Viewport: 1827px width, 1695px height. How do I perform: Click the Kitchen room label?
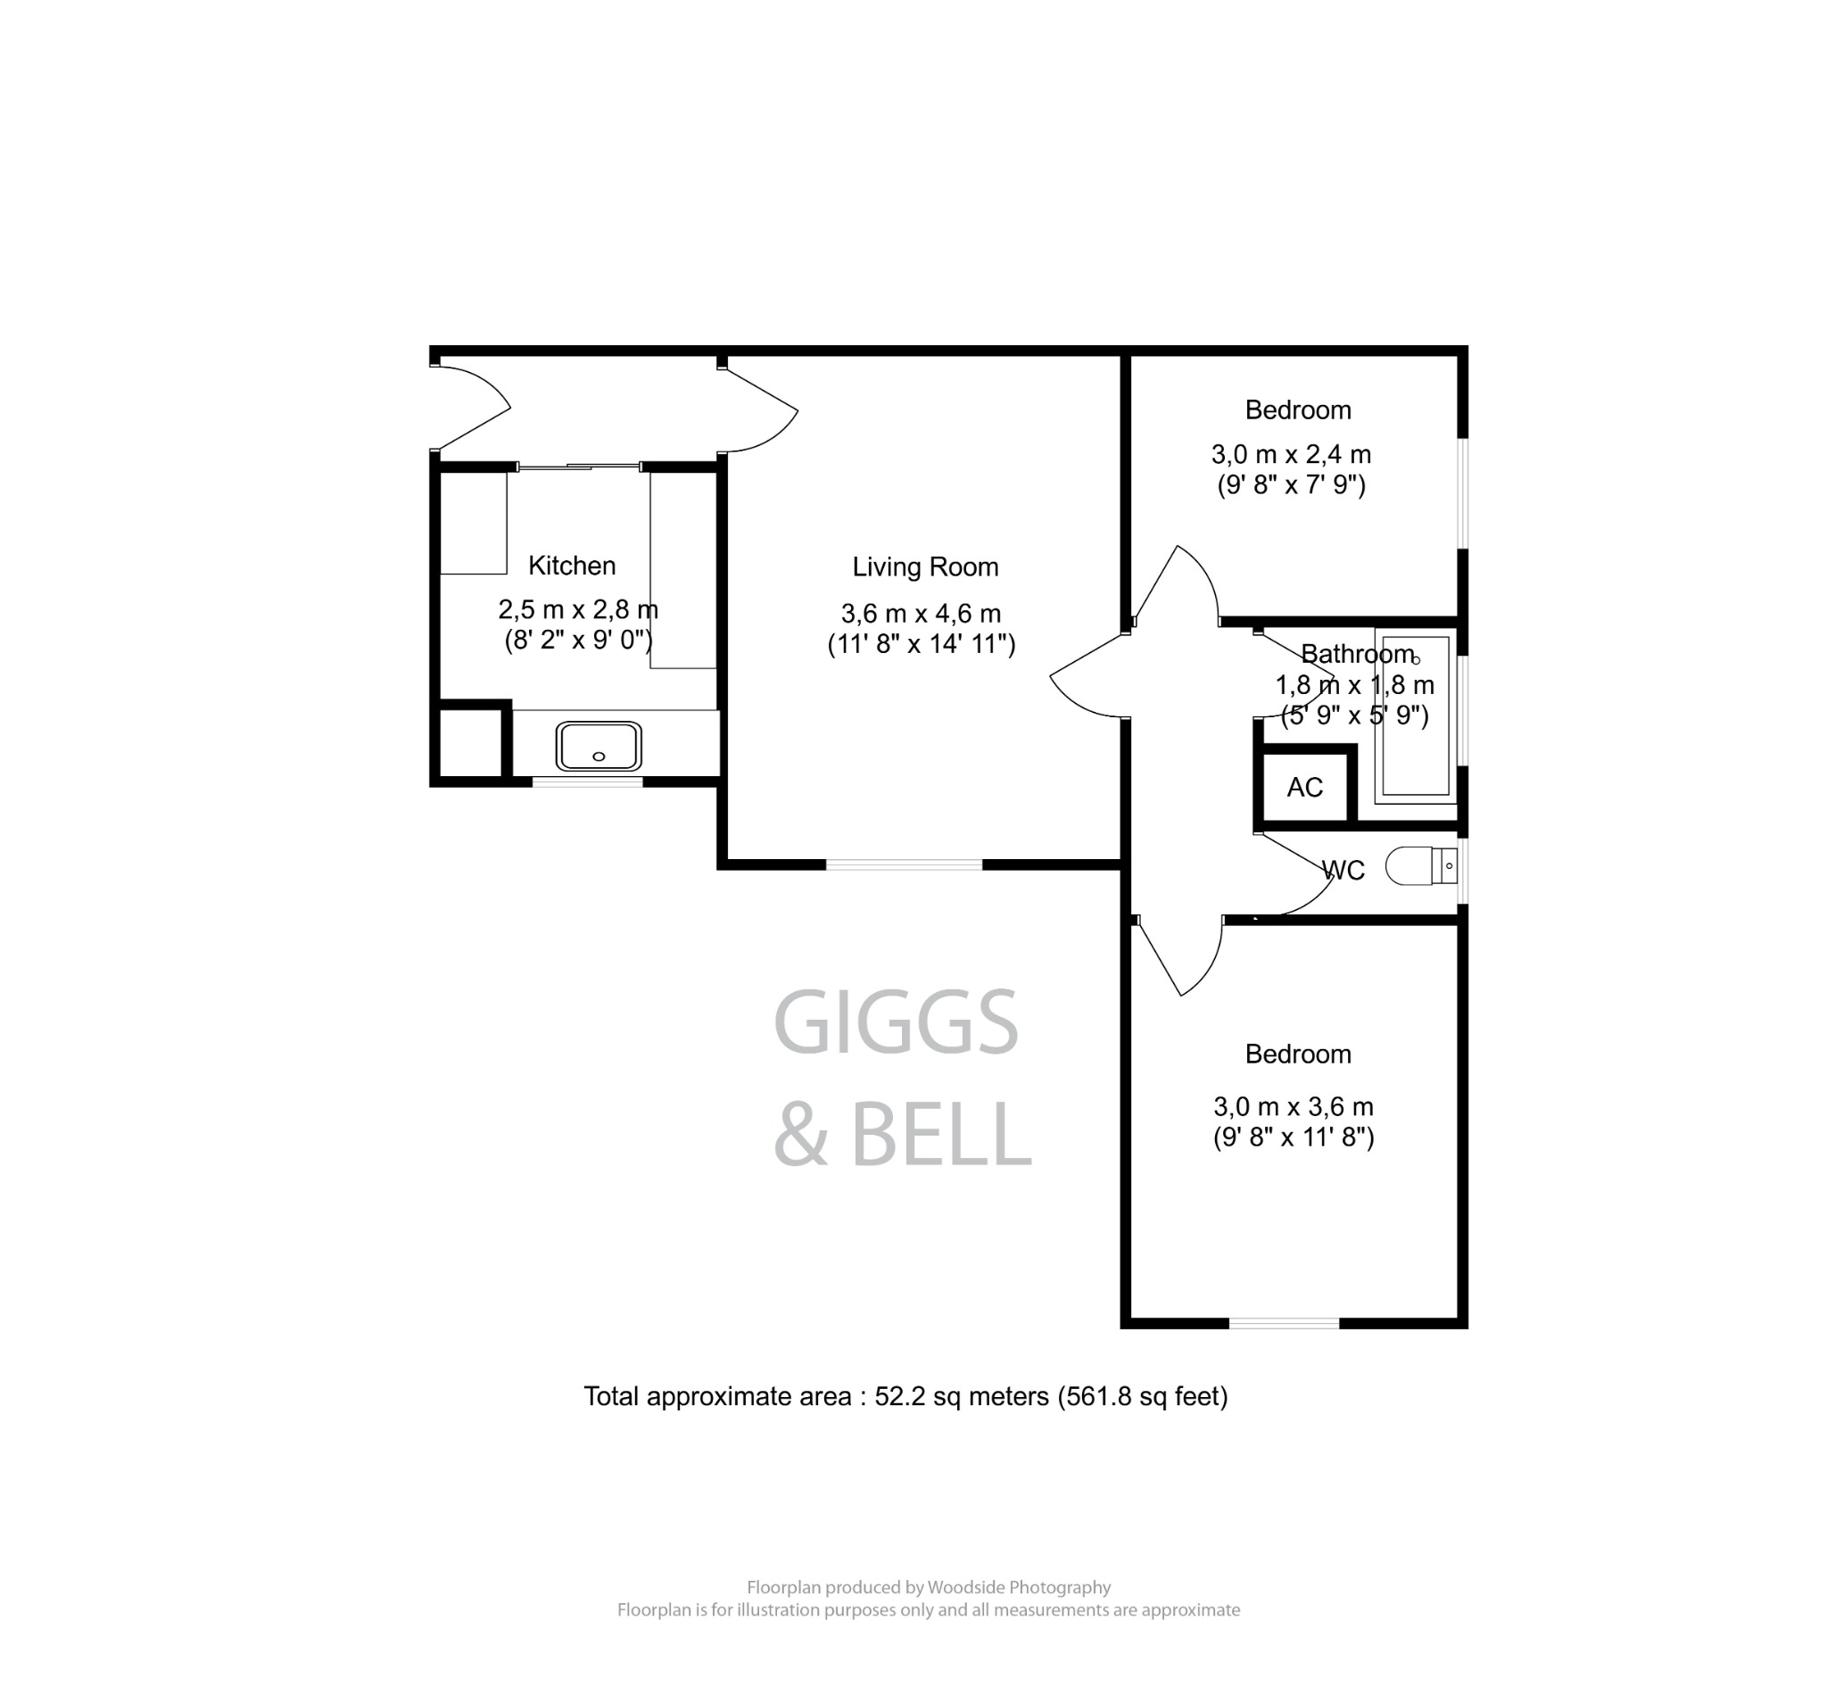[572, 566]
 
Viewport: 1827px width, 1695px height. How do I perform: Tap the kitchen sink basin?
[598, 746]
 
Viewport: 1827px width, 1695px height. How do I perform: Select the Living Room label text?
[924, 566]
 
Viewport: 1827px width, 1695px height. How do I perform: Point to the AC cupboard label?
[1303, 787]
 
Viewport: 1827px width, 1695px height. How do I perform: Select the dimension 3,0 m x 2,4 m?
[1291, 454]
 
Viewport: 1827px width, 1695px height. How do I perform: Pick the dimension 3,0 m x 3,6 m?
[1293, 1106]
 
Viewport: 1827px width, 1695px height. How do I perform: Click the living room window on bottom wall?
[904, 864]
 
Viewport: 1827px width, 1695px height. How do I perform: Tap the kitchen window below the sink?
[587, 781]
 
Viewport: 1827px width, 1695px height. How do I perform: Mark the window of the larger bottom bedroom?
[1283, 1323]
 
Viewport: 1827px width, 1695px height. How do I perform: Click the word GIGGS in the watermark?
[895, 1022]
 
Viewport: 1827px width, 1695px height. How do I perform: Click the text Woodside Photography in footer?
[1018, 1587]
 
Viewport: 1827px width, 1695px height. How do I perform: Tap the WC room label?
[1343, 871]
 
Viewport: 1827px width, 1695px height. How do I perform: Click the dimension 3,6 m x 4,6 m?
[920, 614]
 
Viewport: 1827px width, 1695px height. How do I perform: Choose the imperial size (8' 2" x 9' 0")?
[578, 640]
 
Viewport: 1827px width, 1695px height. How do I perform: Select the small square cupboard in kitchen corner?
[469, 742]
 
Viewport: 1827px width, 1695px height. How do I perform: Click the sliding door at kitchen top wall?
[579, 467]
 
